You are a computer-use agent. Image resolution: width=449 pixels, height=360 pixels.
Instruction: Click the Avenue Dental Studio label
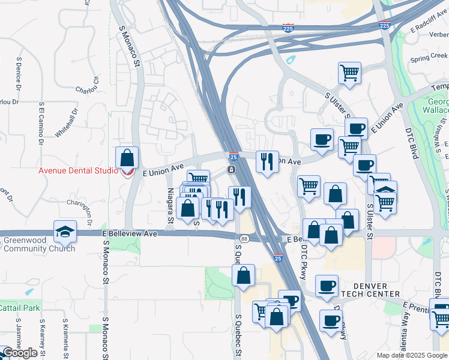[79, 170]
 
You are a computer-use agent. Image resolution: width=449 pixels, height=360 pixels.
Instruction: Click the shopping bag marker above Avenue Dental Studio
[127, 158]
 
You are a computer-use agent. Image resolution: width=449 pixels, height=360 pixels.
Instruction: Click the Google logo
[20, 353]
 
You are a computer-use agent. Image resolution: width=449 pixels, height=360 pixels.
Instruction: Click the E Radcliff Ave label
[429, 28]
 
